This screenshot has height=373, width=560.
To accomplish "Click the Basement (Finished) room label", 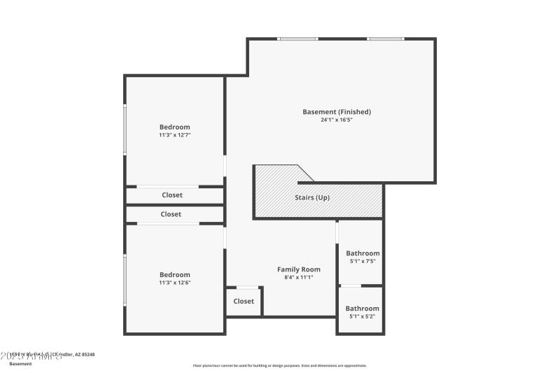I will (x=336, y=112).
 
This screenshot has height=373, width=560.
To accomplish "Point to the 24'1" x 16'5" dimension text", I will (x=336, y=120).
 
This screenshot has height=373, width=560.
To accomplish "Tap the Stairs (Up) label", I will (x=312, y=197).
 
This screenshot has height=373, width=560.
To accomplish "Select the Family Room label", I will (x=299, y=269).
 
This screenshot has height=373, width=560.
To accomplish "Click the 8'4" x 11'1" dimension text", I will (x=299, y=277).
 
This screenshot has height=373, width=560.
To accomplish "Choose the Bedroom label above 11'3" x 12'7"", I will (x=174, y=127).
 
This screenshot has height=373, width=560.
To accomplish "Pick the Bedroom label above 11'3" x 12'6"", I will (x=174, y=275).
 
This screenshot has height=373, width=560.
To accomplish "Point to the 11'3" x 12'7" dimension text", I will (x=174, y=134).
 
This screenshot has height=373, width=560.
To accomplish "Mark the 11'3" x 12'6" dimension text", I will (x=174, y=283).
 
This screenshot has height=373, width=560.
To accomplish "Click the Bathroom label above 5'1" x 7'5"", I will (x=363, y=253).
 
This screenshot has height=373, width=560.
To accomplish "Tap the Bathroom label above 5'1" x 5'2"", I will (x=362, y=309).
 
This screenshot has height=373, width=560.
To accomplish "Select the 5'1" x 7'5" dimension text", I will (x=363, y=261).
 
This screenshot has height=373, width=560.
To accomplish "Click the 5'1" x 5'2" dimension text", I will (x=362, y=316).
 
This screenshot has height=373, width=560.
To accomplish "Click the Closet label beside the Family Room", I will (x=244, y=301).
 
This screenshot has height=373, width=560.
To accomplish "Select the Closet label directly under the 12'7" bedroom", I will (x=172, y=195).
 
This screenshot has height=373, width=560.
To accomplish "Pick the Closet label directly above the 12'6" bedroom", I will (x=171, y=214).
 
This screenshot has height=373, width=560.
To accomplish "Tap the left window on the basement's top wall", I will (x=298, y=38).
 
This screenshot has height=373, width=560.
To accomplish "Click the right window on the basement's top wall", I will (x=386, y=38).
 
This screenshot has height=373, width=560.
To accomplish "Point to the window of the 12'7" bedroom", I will (x=125, y=129).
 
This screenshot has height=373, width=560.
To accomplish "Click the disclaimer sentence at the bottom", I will (x=280, y=365).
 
